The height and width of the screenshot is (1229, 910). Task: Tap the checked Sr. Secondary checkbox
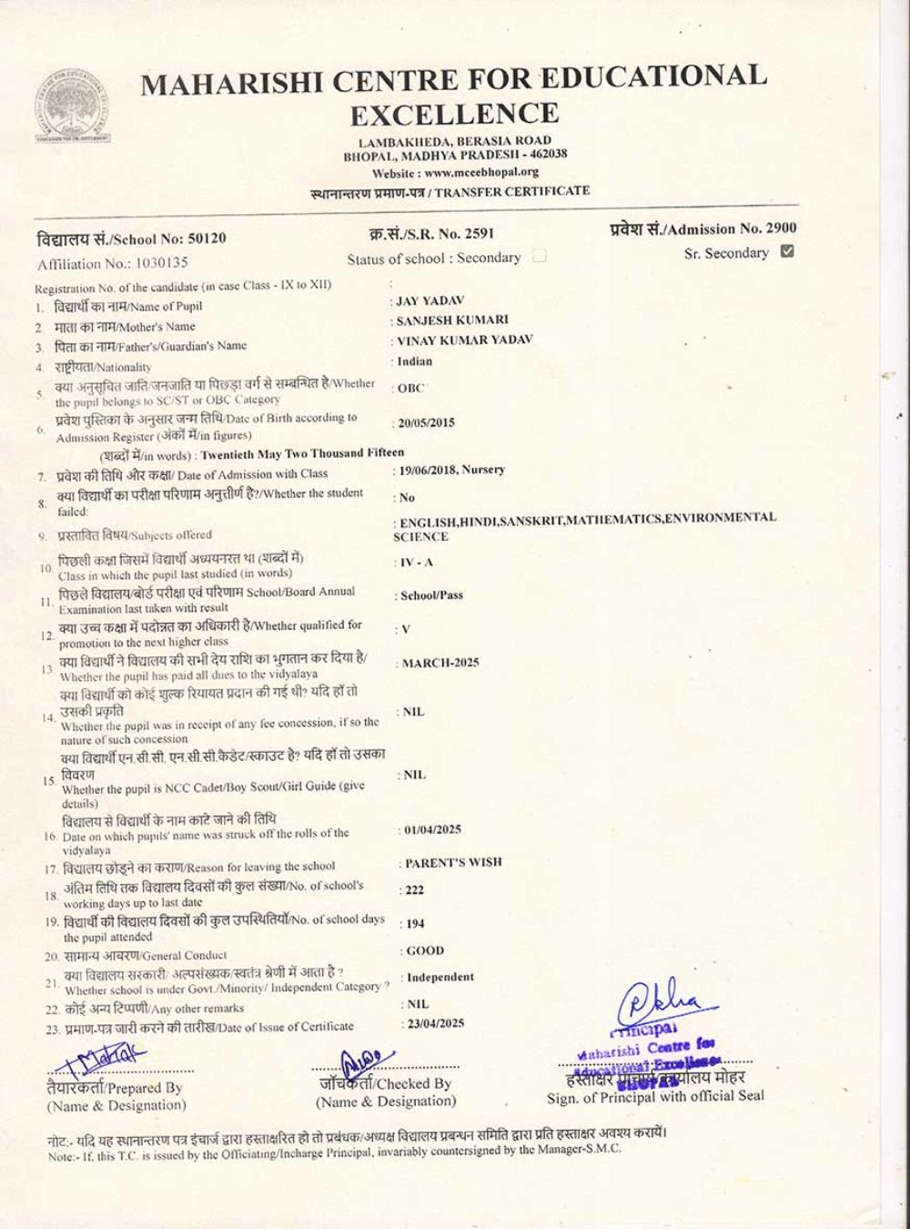click(x=788, y=252)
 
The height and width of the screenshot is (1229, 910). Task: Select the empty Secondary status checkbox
click(x=539, y=257)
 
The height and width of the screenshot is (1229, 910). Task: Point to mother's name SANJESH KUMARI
click(x=452, y=320)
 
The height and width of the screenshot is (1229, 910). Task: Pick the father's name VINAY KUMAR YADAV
click(x=464, y=340)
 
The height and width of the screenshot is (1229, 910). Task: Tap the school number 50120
click(x=207, y=239)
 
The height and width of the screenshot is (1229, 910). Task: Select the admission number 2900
click(x=781, y=229)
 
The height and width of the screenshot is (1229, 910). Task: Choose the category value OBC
click(x=411, y=388)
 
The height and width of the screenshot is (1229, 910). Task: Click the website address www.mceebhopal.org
click(x=481, y=172)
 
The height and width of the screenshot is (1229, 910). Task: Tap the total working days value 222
click(x=414, y=890)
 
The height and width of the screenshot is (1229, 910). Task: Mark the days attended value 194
click(x=415, y=923)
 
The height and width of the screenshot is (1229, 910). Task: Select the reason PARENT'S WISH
click(x=453, y=862)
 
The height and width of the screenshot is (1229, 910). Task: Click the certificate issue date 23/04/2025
click(x=435, y=1023)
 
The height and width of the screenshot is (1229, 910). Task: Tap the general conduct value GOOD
click(x=425, y=950)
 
